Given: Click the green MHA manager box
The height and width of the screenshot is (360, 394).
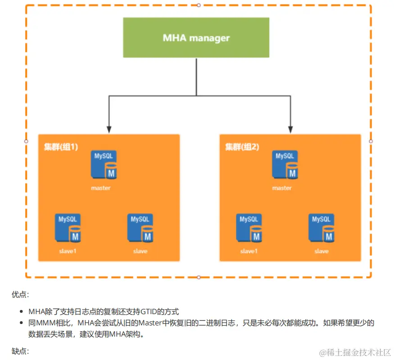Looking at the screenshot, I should (x=196, y=37).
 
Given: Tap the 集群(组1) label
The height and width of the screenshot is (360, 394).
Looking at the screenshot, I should (x=61, y=147).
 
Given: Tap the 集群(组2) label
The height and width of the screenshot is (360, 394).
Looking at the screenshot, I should (x=242, y=147).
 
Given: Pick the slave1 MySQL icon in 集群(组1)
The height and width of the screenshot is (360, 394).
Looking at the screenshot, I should (x=68, y=229).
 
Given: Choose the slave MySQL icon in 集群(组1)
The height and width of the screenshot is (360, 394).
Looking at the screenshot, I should (x=140, y=229).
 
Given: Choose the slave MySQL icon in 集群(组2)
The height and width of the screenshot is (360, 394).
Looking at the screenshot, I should (x=322, y=229).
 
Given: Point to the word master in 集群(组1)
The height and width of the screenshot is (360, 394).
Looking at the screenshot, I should (x=100, y=188).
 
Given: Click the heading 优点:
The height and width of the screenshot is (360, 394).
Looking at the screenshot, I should (x=20, y=295).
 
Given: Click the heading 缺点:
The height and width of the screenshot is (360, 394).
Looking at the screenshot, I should (x=20, y=351).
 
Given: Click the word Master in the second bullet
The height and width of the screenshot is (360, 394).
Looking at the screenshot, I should (x=149, y=323).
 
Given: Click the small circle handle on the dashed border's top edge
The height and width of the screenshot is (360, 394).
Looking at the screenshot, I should (x=199, y=5).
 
